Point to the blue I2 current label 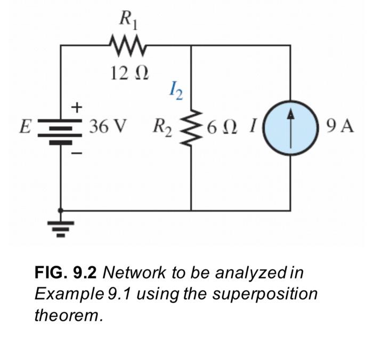(175, 91)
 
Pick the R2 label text (162, 127)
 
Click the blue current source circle (290, 127)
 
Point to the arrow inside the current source (290, 127)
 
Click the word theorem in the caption (68, 315)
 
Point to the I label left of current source (254, 127)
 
